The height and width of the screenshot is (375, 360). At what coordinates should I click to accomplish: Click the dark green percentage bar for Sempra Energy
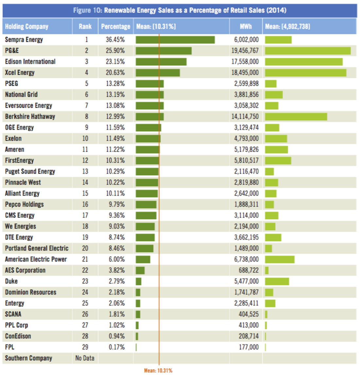[175, 40]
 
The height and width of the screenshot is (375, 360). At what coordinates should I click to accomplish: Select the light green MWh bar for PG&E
[308, 51]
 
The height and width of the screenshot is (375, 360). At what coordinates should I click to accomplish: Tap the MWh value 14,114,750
[245, 116]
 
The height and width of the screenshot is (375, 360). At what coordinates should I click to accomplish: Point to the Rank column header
[85, 26]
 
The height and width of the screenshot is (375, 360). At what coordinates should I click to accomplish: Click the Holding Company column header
[27, 27]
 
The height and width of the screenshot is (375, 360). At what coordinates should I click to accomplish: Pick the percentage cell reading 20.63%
[115, 72]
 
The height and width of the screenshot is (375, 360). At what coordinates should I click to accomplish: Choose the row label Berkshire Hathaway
[30, 116]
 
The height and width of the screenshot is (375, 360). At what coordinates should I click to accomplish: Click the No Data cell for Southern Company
[85, 358]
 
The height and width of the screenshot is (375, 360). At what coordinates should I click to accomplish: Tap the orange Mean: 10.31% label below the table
[158, 370]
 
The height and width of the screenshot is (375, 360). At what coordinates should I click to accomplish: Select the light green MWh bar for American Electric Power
[279, 259]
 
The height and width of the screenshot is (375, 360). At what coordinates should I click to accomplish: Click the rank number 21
[85, 259]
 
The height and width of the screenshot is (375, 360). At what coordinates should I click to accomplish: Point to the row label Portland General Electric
[37, 248]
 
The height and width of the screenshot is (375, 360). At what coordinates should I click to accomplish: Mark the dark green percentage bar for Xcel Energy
[158, 73]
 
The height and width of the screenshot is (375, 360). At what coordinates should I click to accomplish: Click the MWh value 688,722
[249, 270]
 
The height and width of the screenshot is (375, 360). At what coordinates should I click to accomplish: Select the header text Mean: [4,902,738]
[288, 26]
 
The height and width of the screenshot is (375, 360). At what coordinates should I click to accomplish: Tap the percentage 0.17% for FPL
[117, 347]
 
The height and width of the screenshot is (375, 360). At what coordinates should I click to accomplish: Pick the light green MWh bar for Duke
[277, 281]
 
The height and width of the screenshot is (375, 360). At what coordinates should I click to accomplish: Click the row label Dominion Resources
[31, 292]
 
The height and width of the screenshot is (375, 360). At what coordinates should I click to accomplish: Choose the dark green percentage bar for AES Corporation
[140, 271]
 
